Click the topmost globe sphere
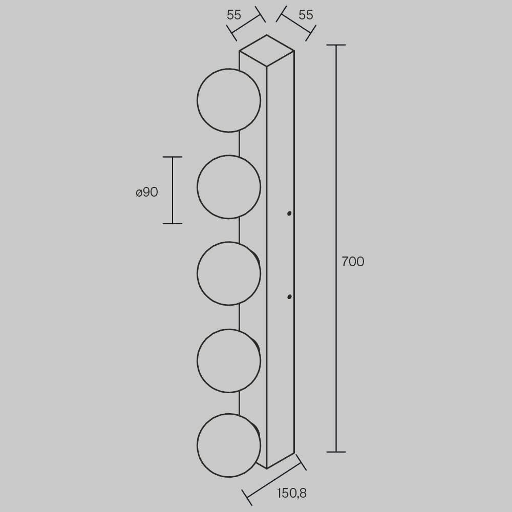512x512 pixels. tap(229, 100)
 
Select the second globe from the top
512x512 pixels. tap(229, 187)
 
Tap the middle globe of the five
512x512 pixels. tap(229, 273)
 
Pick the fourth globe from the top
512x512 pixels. tap(229, 360)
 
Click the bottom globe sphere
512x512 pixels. tap(229, 445)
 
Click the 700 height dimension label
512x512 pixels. tap(353, 262)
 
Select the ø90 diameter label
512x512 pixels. tap(147, 192)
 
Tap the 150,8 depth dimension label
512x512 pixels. tap(292, 493)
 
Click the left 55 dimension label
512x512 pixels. tap(234, 15)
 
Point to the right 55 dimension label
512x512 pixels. tap(306, 15)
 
